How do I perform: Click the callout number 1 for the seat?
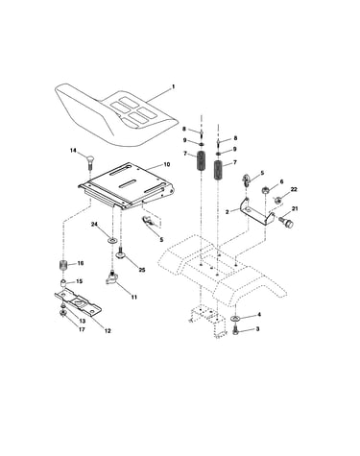tap(173, 86)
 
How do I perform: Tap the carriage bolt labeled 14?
tap(90, 163)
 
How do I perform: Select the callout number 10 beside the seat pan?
tap(167, 165)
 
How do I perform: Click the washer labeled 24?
tap(112, 240)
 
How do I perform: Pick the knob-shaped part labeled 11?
tap(112, 277)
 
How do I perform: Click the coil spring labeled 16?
tap(64, 265)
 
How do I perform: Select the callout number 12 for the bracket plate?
tap(108, 331)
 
